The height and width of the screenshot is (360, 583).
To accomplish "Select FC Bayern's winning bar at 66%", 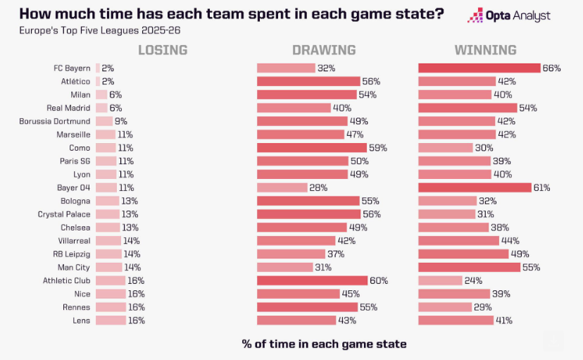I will [x=479, y=68].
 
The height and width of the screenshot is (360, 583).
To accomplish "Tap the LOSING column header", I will [x=163, y=50].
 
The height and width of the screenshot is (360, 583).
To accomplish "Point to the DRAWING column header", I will [x=324, y=50].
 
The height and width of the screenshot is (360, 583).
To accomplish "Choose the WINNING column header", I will [x=485, y=50].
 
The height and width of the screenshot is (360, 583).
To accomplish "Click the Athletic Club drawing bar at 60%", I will [x=312, y=280].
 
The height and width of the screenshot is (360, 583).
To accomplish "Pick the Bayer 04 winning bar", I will [x=475, y=187].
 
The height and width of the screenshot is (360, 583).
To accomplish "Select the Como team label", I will [x=80, y=148].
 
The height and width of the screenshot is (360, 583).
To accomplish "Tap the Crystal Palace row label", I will [x=64, y=214].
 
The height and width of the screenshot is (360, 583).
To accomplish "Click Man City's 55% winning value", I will [x=532, y=267].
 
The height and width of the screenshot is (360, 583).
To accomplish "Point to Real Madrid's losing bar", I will [x=101, y=108].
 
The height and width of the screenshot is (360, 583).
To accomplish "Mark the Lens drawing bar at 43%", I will [x=296, y=320].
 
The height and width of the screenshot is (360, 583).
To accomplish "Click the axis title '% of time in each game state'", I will [x=324, y=344].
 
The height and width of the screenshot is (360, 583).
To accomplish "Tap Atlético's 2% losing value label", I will [x=108, y=82].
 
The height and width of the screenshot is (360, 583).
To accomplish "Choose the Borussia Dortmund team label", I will [x=55, y=121].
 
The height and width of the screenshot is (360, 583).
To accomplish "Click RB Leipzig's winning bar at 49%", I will [x=463, y=254].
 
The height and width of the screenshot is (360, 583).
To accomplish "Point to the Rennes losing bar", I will [x=111, y=307].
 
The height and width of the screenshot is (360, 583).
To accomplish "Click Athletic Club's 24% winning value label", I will [x=473, y=280].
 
